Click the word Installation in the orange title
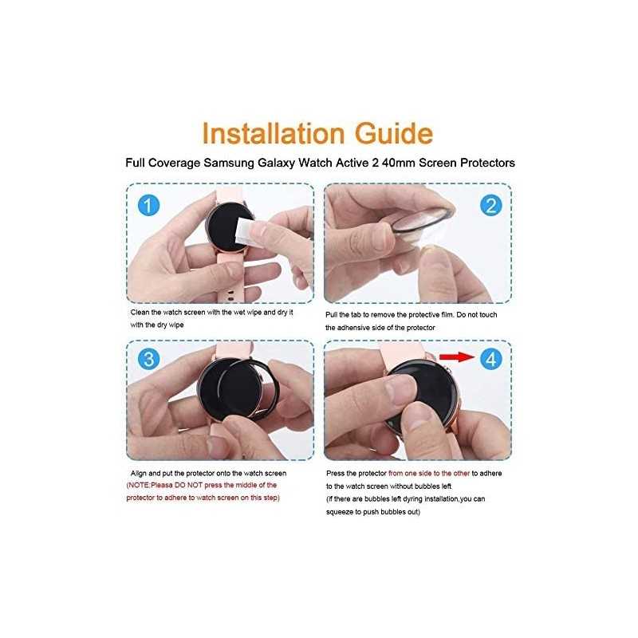pos(274,133)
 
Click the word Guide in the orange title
pos(394,133)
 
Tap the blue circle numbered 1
pos(148,205)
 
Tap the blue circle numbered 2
pos(490,205)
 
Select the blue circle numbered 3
pos(148,359)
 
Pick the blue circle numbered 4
pos(490,359)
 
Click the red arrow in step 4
pos(457,356)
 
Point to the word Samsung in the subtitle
pos(229,163)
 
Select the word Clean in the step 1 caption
pos(140,313)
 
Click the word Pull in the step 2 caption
pos(331,315)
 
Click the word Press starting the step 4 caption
pos(335,474)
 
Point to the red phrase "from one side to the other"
pos(429,474)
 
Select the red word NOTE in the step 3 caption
pos(139,486)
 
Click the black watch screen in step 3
pos(229,389)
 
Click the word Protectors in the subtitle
pos(487,163)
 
